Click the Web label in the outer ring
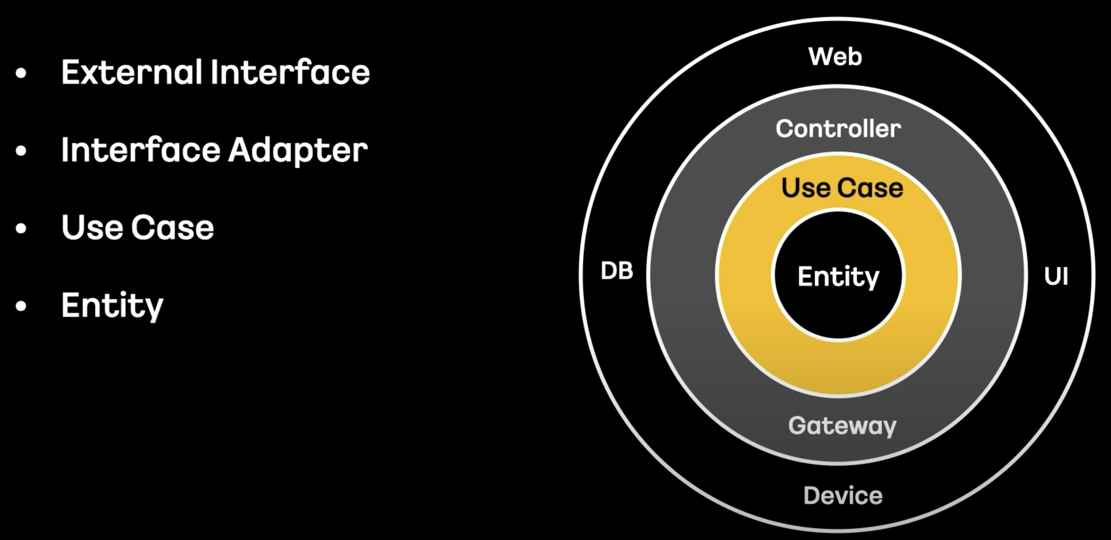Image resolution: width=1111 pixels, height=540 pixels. [835, 57]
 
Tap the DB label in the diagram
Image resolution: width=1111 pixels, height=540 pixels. [617, 271]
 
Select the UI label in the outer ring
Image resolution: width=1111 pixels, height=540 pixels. [1056, 276]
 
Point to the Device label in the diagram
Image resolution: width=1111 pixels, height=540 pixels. [843, 496]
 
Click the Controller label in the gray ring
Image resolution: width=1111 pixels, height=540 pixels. [838, 128]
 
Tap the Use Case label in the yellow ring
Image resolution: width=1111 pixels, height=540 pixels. [842, 188]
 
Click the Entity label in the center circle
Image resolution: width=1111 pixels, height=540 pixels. [838, 277]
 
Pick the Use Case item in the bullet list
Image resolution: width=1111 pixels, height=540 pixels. [138, 228]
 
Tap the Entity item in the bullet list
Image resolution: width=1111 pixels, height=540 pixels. [112, 305]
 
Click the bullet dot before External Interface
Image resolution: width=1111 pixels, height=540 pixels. [21, 73]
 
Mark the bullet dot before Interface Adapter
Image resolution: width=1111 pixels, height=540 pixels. [21, 151]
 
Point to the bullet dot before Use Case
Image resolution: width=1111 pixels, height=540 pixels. [21, 228]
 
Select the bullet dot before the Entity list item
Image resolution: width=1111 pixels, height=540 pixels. [21, 306]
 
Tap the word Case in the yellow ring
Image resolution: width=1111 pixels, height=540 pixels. [870, 188]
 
